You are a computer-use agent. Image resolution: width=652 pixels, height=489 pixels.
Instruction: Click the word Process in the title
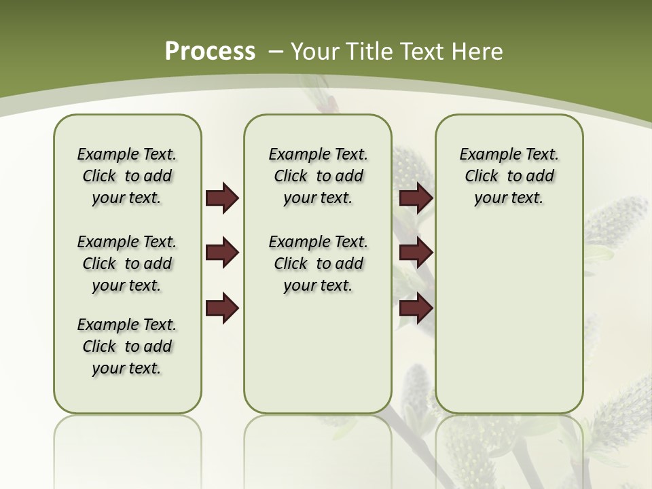(210, 51)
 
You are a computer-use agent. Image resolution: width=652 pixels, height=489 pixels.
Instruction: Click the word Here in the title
(478, 52)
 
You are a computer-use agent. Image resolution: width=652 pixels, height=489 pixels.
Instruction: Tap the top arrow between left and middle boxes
(222, 198)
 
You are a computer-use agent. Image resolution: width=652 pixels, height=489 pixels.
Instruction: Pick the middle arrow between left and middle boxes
(222, 253)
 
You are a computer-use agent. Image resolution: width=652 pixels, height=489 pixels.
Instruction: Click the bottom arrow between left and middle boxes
(222, 308)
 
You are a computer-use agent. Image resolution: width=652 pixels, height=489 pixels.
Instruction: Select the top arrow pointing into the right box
(416, 198)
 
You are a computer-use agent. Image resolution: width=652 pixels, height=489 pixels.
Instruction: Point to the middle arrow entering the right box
(416, 253)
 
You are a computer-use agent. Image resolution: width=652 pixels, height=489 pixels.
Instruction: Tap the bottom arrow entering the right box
(416, 308)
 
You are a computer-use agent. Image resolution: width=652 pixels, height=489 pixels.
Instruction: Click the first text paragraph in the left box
(127, 176)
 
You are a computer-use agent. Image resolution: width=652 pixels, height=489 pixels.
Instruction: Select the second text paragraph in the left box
(127, 264)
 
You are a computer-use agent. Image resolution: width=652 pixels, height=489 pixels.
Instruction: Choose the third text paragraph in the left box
(127, 346)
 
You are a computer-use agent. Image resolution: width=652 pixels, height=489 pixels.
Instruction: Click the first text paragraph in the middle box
(318, 176)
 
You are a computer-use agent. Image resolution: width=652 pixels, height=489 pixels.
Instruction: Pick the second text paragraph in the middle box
(318, 264)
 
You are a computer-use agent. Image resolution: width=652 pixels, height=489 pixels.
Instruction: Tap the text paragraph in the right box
(509, 176)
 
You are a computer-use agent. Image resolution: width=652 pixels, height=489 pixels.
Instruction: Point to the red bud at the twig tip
(329, 104)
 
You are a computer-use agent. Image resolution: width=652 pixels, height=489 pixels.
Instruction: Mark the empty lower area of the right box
(509, 326)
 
